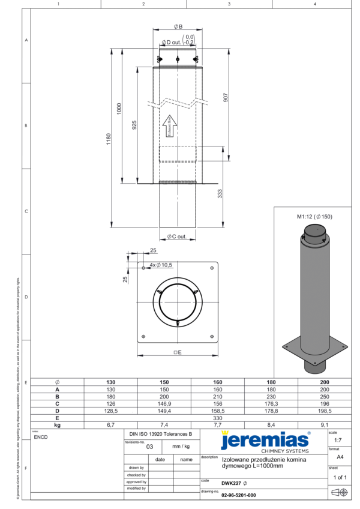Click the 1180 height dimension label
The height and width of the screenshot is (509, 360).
click(108, 139)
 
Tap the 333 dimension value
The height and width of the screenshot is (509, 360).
click(220, 194)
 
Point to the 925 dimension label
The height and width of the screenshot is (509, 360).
click(135, 124)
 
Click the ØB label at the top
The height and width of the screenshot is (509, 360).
click(178, 27)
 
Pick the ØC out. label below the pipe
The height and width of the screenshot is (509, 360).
click(178, 236)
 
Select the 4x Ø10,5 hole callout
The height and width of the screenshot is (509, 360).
click(160, 265)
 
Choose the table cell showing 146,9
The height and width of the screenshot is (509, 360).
click(164, 404)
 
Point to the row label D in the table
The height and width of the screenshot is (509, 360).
click(57, 411)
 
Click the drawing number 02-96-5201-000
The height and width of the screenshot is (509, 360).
click(238, 495)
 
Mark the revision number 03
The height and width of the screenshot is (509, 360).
click(142, 447)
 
